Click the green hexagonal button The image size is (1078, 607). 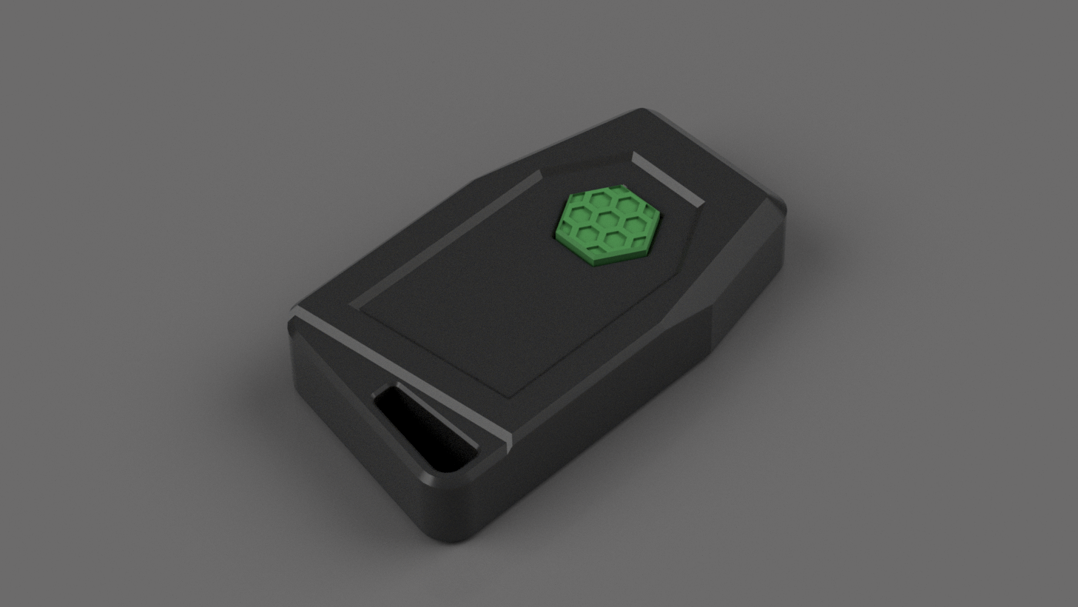pyautogui.click(x=607, y=222)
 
